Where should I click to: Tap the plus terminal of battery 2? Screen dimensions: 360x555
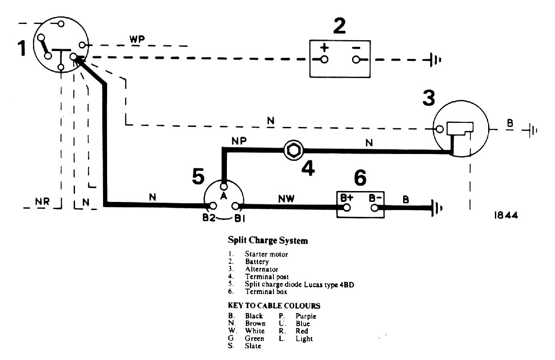click(325, 60)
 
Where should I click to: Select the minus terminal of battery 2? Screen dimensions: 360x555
click(357, 60)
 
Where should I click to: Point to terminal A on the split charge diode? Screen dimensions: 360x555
click(223, 187)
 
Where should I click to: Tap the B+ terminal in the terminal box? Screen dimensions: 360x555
click(347, 207)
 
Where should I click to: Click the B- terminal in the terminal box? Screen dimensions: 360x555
click(375, 207)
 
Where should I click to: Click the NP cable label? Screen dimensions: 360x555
click(239, 140)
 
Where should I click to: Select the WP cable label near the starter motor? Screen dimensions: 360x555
click(137, 39)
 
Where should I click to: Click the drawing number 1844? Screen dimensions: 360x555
click(505, 215)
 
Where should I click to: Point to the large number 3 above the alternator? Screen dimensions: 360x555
click(429, 98)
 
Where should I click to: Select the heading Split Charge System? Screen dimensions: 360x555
click(268, 241)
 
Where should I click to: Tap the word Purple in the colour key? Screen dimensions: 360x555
click(306, 316)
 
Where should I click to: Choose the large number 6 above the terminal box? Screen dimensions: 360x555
click(360, 178)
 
